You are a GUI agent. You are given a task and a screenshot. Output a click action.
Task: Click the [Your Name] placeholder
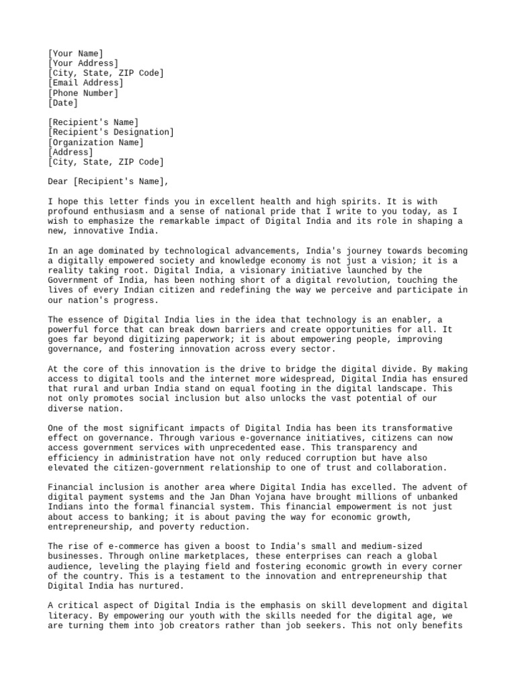click(x=76, y=53)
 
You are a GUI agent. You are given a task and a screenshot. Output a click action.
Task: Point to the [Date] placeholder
click(x=62, y=103)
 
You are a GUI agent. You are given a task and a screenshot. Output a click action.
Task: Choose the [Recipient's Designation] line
click(x=111, y=132)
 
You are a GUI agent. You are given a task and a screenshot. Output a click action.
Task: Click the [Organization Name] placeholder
click(x=95, y=142)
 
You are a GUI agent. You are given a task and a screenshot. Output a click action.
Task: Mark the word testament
click(x=206, y=576)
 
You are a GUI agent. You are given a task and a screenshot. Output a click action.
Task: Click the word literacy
click(x=71, y=615)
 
